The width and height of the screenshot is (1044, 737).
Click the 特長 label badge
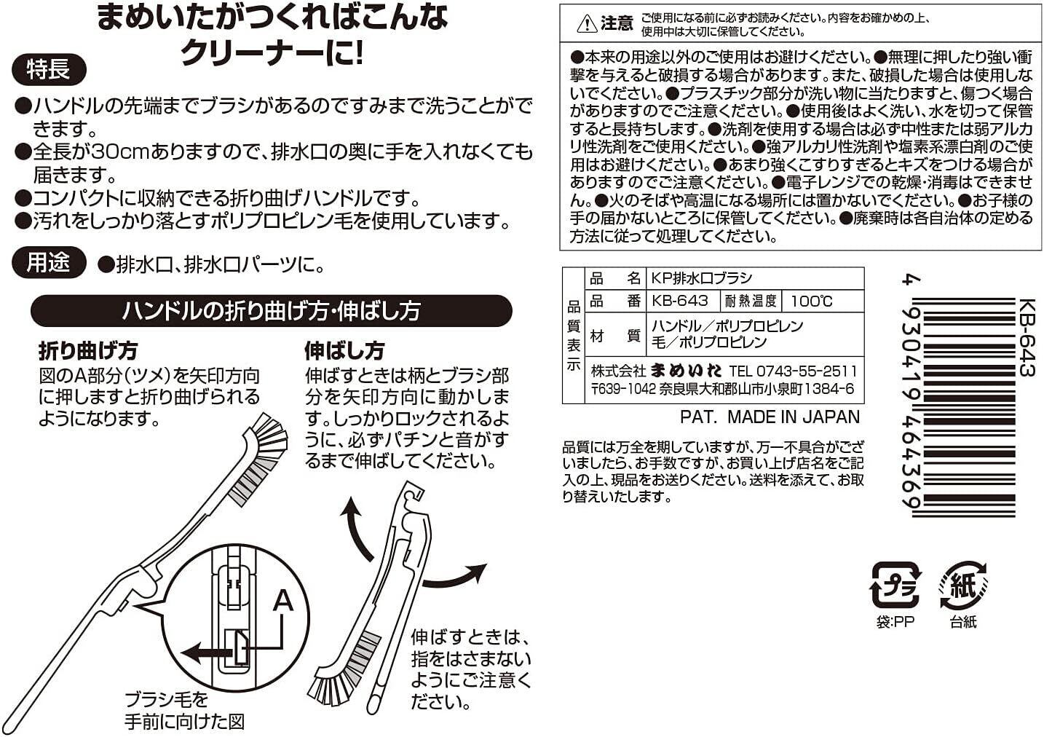(49, 70)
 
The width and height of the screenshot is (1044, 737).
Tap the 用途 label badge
(49, 262)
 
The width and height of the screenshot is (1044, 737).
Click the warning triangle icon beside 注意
(587, 24)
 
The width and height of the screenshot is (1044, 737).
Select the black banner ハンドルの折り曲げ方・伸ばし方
(272, 310)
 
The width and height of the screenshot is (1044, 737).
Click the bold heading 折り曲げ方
(88, 350)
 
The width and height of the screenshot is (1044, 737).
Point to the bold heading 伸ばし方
(344, 350)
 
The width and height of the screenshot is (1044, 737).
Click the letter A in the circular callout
(283, 601)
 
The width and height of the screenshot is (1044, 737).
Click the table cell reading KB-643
(680, 301)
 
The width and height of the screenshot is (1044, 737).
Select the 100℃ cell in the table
(812, 301)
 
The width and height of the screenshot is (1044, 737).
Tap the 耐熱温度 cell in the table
(751, 301)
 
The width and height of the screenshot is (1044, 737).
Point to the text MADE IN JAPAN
(794, 417)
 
